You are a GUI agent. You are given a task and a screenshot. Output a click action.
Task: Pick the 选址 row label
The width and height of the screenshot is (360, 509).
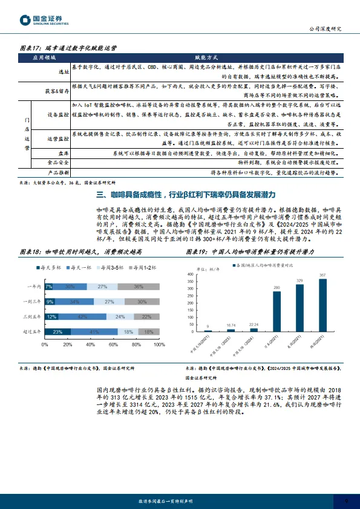pos(63,70)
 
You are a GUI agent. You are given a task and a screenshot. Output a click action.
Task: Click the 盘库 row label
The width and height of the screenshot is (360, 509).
pos(62,154)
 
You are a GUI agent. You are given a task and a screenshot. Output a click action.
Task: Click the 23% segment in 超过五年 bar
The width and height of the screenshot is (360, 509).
pos(57,332)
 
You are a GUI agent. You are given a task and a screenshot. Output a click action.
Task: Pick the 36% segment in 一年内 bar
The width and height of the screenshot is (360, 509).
pos(139,287)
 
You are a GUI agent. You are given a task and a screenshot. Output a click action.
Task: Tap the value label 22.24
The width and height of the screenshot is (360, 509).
pos(254,324)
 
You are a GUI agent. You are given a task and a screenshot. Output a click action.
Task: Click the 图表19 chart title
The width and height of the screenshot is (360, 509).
pos(254,250)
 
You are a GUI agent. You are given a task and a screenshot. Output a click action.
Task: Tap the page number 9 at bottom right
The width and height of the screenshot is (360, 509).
pos(346,501)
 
